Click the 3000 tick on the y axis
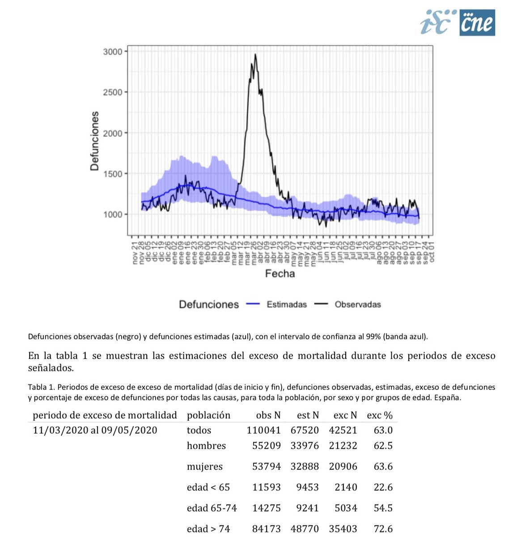[113, 52]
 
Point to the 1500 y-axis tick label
[113, 174]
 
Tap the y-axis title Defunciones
[94, 141]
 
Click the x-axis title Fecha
[280, 273]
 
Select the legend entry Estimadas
[287, 304]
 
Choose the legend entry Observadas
[358, 304]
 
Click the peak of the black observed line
[255, 55]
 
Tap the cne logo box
[477, 22]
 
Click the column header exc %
[379, 415]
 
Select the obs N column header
[268, 415]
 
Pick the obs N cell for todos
[263, 430]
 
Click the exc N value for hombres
[343, 446]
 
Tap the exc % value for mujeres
[383, 466]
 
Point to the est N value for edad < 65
[307, 487]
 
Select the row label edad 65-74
[212, 508]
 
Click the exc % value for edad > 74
[383, 529]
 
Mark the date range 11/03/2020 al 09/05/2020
[95, 430]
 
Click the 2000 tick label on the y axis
[113, 133]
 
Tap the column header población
[208, 415]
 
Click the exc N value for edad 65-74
[346, 508]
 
